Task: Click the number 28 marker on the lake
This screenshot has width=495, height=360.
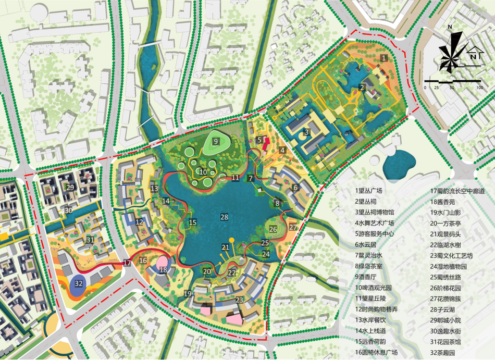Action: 224,217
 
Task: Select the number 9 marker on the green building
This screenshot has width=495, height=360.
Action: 216,142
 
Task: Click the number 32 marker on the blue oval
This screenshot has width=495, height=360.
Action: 79,283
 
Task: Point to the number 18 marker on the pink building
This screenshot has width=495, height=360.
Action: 164,269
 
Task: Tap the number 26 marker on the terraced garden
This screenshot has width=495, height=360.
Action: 274,229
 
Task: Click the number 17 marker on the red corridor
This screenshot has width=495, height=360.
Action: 127,263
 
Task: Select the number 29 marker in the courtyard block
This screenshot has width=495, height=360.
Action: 70,187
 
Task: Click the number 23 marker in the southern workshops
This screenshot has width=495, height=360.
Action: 240,300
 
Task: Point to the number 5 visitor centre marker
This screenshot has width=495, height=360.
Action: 259,140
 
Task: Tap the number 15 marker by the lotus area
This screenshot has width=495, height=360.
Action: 192,222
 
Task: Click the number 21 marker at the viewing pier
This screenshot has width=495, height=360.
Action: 225,247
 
